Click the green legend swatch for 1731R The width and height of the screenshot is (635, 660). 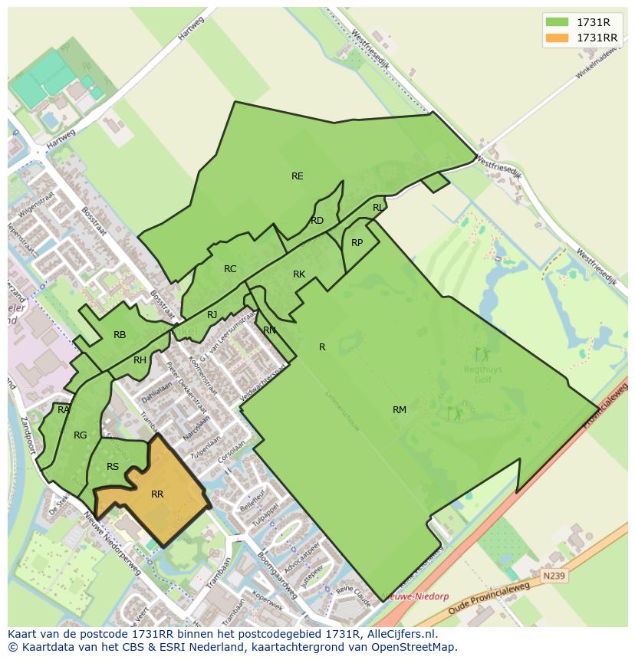coord(556,22)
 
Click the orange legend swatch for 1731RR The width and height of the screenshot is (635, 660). coord(556,38)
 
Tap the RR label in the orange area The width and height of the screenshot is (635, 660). coord(157,494)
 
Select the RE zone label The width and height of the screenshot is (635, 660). coord(298,176)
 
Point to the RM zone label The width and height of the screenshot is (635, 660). coord(400,410)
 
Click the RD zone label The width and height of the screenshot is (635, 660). coord(317,221)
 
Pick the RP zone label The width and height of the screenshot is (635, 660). coord(357,243)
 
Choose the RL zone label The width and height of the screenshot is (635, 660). coord(378,208)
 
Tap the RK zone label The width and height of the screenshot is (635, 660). coord(299,274)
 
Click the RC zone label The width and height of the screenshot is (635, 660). coord(230,269)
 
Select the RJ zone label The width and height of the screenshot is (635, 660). coord(212,315)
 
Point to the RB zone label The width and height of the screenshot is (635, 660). coord(120,335)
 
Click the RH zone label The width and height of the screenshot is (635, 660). coord(140,360)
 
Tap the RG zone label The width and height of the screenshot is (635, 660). coord(81,435)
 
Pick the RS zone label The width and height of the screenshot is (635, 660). coord(113,467)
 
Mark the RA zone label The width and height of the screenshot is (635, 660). coord(64,410)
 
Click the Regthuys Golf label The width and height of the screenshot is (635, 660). coord(482,374)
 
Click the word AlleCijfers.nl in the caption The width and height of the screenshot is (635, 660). coord(399,634)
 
